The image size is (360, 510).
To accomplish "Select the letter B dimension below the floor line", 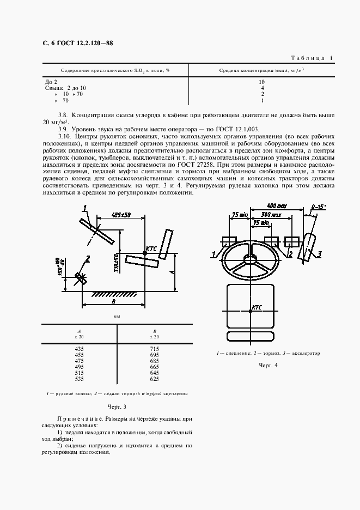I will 113,300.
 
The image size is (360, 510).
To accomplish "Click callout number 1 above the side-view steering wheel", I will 86,207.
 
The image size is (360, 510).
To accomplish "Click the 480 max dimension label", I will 278,206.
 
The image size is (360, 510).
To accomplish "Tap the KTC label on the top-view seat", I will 256,307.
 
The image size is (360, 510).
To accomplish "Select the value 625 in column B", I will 154,379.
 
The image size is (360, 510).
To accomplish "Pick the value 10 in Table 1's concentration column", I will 262,81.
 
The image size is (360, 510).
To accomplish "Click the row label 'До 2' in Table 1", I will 50,81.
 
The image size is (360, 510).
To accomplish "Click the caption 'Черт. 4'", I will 269,365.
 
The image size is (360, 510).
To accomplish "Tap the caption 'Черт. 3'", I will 117,406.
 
